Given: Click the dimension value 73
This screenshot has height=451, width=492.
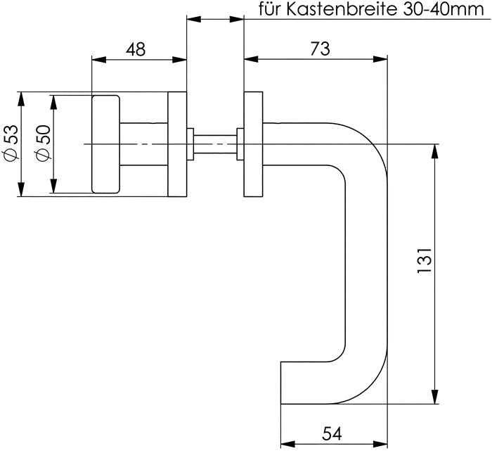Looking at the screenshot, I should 319,49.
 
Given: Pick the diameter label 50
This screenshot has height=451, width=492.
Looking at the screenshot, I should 41,144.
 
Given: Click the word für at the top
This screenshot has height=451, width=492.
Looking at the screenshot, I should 271,10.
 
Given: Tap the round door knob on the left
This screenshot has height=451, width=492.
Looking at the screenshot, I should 105,144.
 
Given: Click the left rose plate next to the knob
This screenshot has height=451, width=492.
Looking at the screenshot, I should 177,144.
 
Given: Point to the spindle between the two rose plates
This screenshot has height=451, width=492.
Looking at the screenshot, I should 215,144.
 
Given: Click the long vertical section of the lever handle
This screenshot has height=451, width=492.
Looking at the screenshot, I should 367,267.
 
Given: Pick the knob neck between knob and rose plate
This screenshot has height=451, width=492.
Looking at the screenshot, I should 143,144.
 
